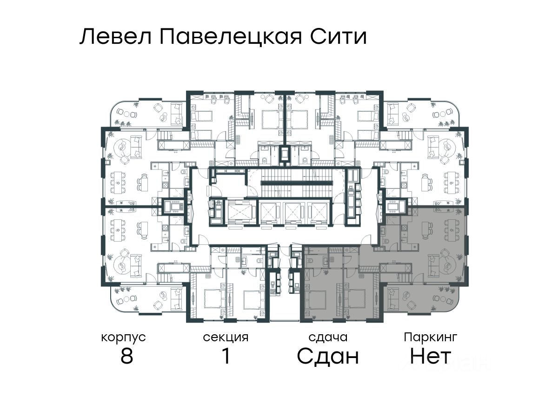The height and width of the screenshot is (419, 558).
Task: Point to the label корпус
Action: (123, 337)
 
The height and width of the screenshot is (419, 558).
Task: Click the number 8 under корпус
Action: (126, 357)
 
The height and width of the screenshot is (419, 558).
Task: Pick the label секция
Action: (226, 337)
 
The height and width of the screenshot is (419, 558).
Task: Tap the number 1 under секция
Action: (226, 357)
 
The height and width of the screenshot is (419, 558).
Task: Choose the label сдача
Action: (328, 337)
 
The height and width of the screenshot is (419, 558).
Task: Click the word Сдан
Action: (328, 357)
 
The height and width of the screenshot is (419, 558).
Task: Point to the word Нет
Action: (431, 357)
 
